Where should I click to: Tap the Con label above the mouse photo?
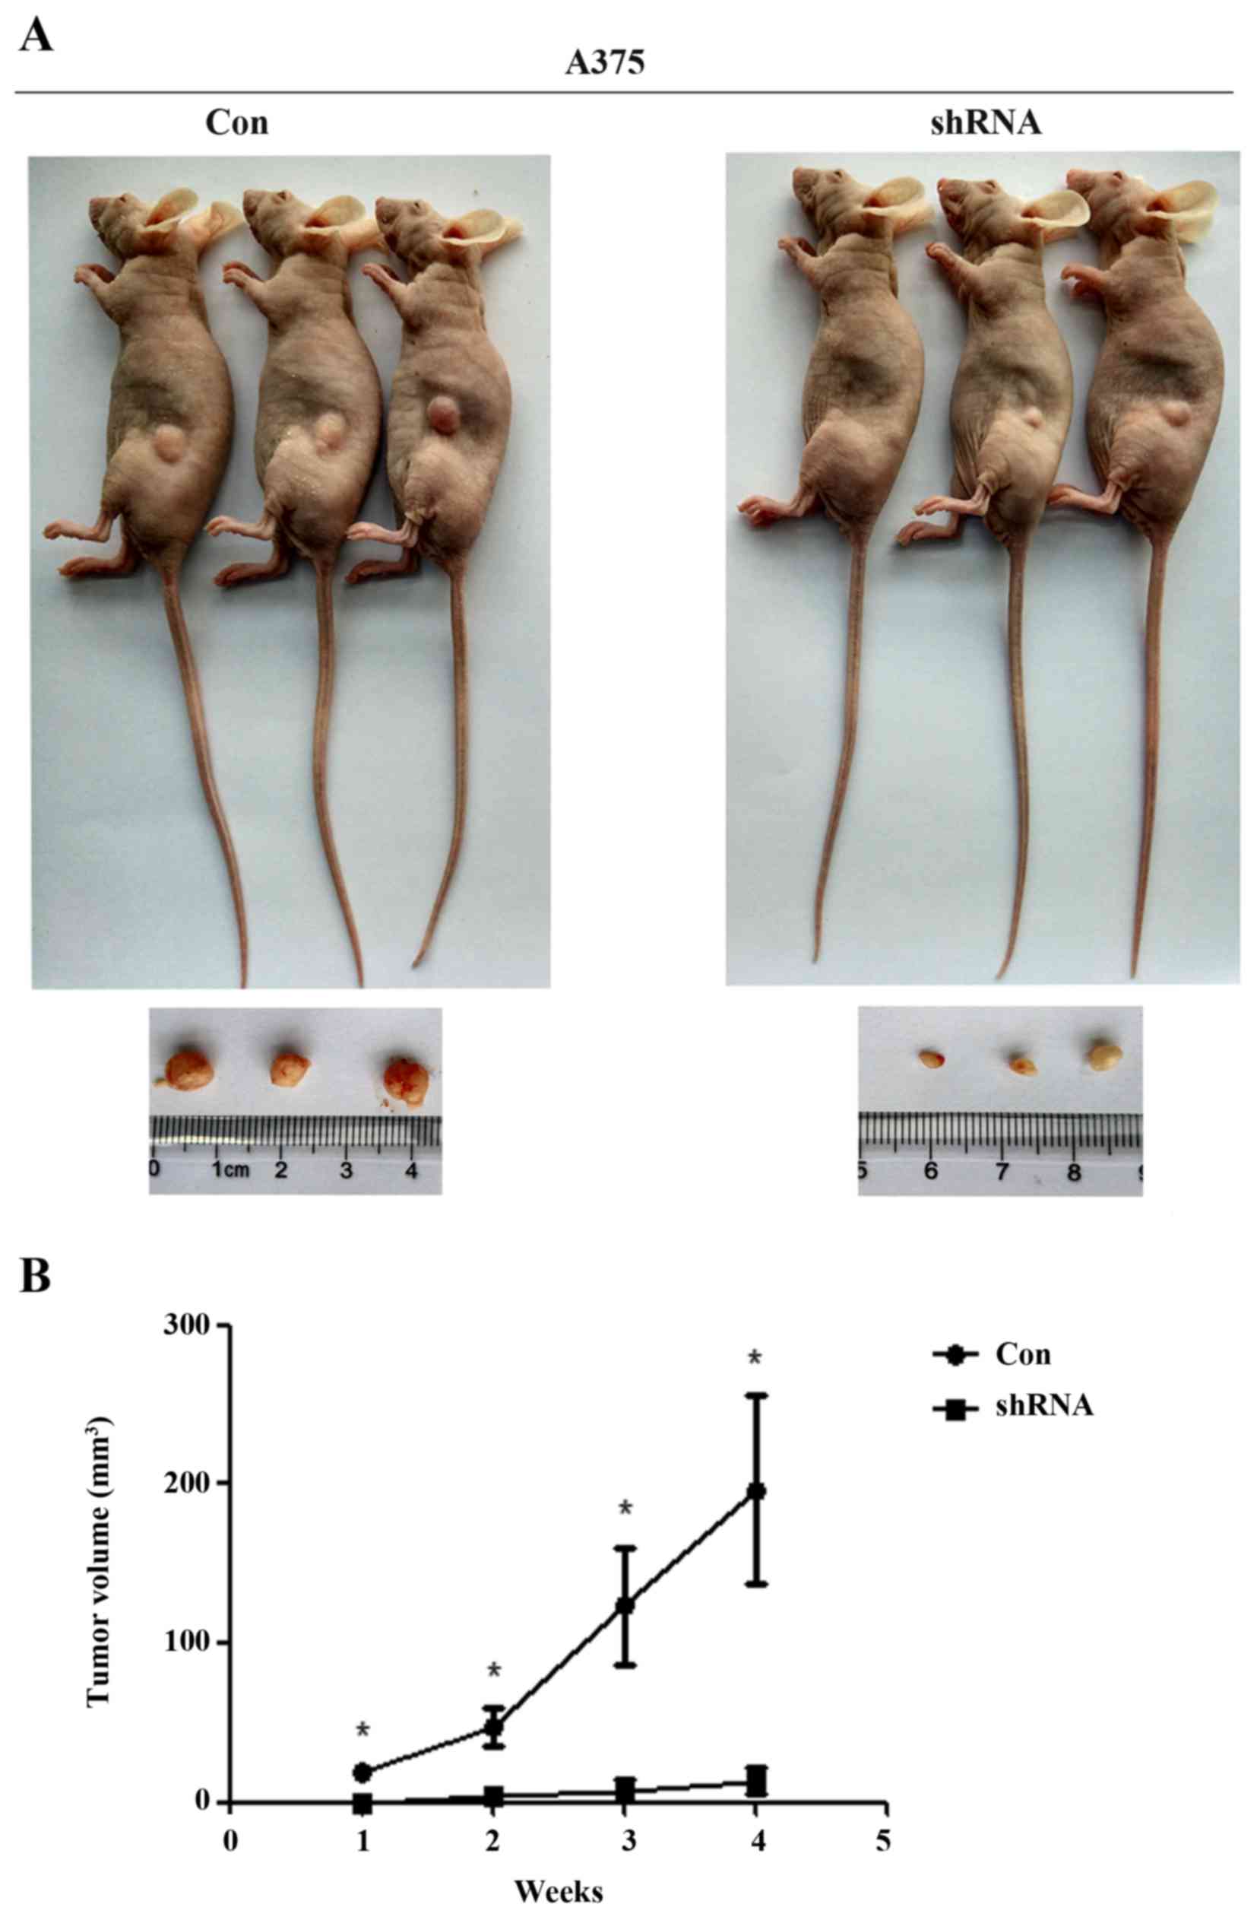(236, 124)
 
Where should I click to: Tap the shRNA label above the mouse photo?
(980, 124)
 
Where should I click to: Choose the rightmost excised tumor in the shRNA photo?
(1104, 1055)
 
